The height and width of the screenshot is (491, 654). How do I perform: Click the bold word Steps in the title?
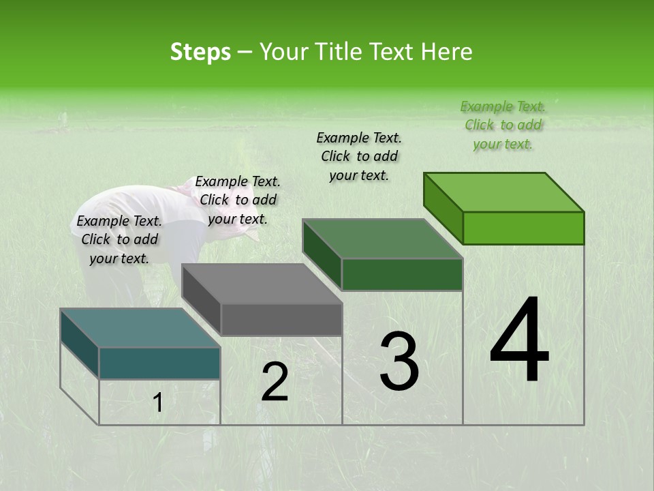pos(200,52)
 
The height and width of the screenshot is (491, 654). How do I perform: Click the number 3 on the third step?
pos(399,361)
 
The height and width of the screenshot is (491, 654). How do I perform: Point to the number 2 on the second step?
pos(275,382)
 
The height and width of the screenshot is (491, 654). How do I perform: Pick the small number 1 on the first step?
pos(158,403)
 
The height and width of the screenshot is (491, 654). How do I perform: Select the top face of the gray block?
pos(262,284)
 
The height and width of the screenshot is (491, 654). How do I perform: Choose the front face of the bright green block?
pos(523,228)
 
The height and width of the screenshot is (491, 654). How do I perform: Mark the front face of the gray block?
pos(281,320)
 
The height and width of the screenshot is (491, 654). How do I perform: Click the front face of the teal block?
pos(159,363)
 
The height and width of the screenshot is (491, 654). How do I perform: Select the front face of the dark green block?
pos(402,274)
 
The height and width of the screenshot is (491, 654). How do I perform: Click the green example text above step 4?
pos(503,125)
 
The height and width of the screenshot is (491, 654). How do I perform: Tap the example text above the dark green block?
pos(359,156)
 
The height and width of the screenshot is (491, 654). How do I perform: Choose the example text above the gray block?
pos(238,200)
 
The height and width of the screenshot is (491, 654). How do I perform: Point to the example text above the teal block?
pos(119,239)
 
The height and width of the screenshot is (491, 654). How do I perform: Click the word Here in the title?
pos(447,52)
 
